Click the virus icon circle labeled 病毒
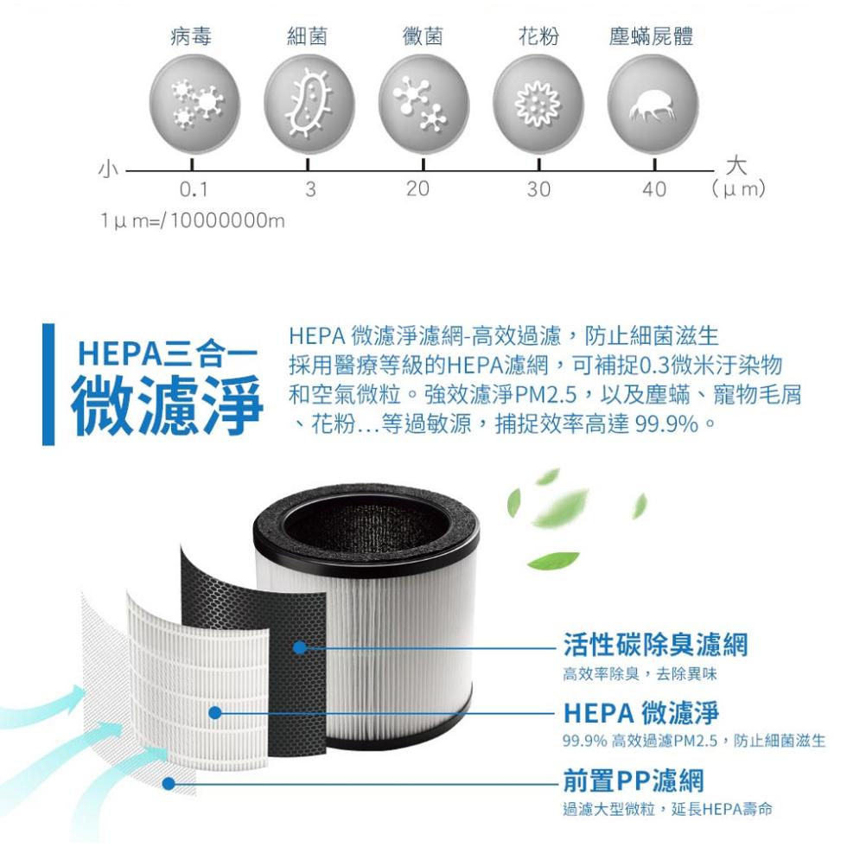(x=194, y=105)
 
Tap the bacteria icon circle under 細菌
(x=309, y=105)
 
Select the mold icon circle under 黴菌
(x=423, y=105)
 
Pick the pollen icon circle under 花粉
(x=538, y=105)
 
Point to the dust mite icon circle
(x=653, y=105)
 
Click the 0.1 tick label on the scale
(x=194, y=189)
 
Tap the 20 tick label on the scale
(x=417, y=188)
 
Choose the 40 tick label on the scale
(x=654, y=189)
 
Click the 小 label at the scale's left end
(x=108, y=169)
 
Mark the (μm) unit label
(x=738, y=188)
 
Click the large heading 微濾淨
(x=167, y=404)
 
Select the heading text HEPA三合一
(x=168, y=354)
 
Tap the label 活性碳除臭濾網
(x=655, y=644)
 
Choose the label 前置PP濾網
(x=634, y=780)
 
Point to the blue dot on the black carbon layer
(x=299, y=647)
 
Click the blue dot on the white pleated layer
(x=215, y=713)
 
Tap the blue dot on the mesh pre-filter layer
(x=169, y=783)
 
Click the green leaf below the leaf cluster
(x=553, y=560)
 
